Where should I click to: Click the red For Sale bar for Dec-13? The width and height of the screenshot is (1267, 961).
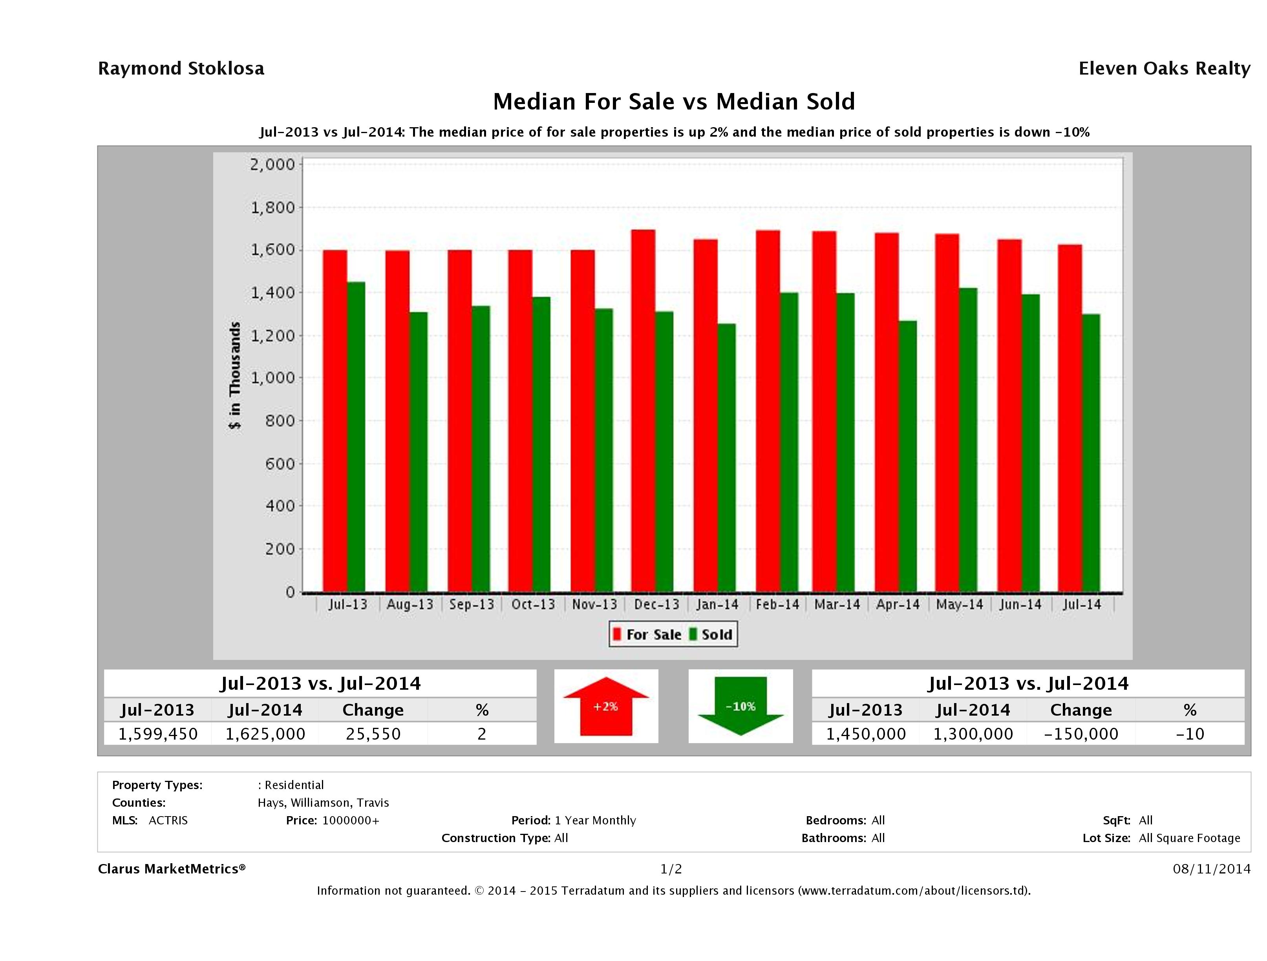click(643, 411)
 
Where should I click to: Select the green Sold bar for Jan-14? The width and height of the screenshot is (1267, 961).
click(727, 458)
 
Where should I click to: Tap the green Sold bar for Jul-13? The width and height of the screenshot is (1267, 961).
click(356, 437)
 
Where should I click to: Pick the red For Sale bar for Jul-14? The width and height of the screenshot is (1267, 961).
click(1070, 418)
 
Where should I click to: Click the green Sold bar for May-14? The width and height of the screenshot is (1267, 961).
click(968, 439)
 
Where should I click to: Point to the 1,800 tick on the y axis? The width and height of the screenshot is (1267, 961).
click(272, 207)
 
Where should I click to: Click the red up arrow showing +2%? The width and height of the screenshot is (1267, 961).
click(605, 706)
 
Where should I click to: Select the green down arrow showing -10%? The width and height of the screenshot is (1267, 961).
click(740, 706)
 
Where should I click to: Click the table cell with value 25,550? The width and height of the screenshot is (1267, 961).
click(373, 734)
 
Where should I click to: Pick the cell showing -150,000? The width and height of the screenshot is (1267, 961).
click(1081, 734)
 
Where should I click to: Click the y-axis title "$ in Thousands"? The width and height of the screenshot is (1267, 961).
click(235, 376)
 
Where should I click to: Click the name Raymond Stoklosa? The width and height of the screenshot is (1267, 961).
click(181, 69)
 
